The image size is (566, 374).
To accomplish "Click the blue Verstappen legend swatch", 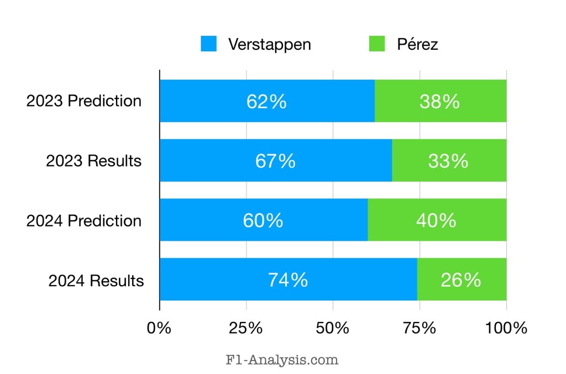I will (209, 44).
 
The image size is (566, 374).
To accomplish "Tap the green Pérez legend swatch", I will (377, 44).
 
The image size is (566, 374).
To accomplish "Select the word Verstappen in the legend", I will (270, 45).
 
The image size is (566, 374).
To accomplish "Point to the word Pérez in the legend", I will (417, 45).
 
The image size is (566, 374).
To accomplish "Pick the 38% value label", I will (440, 102).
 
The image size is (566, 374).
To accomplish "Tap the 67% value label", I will (275, 161).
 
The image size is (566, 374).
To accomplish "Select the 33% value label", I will (448, 161).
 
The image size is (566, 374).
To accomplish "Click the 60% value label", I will (263, 220).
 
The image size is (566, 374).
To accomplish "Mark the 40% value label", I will (437, 220).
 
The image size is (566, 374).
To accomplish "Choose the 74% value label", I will (288, 280).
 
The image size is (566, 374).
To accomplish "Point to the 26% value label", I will (461, 280).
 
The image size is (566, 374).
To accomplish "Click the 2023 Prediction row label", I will (84, 102).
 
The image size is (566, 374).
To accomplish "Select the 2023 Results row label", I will (94, 161).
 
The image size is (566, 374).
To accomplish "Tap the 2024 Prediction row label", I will (84, 221).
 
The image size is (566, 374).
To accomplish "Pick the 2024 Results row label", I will (96, 281).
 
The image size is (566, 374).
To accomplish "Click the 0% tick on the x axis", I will (159, 328).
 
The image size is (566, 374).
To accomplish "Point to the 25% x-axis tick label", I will (246, 328).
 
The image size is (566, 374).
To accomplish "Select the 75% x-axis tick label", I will (420, 328).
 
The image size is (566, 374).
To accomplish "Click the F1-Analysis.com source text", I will (282, 360).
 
